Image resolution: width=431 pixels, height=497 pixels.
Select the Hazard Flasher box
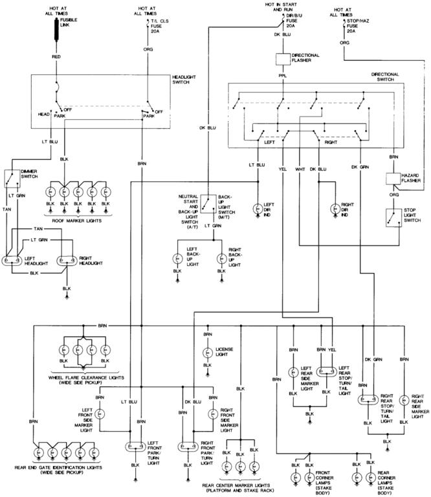[x=393, y=179]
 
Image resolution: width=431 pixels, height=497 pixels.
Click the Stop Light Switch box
[x=392, y=217]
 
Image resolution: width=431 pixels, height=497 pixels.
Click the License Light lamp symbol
[x=207, y=353]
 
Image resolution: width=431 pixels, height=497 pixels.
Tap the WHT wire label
[x=300, y=169]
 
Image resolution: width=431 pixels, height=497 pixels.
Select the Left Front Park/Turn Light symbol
[x=135, y=446]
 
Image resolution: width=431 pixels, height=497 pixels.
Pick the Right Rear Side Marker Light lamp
[x=404, y=399]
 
